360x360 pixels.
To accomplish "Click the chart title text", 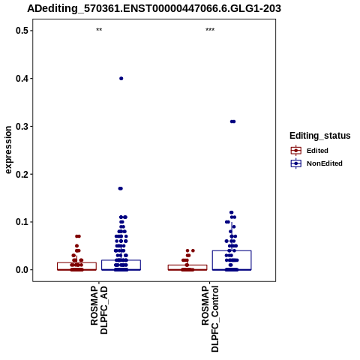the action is click(x=154, y=8).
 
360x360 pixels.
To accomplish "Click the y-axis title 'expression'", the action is click(x=8, y=150).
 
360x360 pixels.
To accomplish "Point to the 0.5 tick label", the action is click(x=21, y=31).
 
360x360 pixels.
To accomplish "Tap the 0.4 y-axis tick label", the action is click(x=21, y=79).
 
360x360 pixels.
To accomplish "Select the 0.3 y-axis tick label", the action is click(x=21, y=126).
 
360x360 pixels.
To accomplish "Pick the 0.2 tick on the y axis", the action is click(x=21, y=174).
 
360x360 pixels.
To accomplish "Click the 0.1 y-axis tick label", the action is click(x=21, y=222).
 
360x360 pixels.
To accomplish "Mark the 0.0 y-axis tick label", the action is click(x=21, y=270).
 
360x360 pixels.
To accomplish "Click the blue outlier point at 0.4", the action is click(x=121, y=79).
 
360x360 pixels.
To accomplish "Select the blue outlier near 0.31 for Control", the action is click(x=232, y=121).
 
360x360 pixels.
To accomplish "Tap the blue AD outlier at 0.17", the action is click(x=121, y=188).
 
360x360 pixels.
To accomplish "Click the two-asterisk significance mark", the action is click(x=99, y=30).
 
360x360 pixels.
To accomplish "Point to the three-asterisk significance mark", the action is click(x=210, y=30).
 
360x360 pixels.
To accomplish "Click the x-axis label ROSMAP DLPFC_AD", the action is click(x=99, y=310).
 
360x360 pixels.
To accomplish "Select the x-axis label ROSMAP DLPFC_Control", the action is click(x=210, y=319).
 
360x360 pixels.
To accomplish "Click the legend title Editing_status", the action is click(x=320, y=136).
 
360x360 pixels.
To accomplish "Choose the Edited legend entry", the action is click(x=310, y=151).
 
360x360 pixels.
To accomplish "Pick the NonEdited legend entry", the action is click(x=316, y=163).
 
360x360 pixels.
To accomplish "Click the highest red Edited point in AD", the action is click(x=78, y=236).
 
